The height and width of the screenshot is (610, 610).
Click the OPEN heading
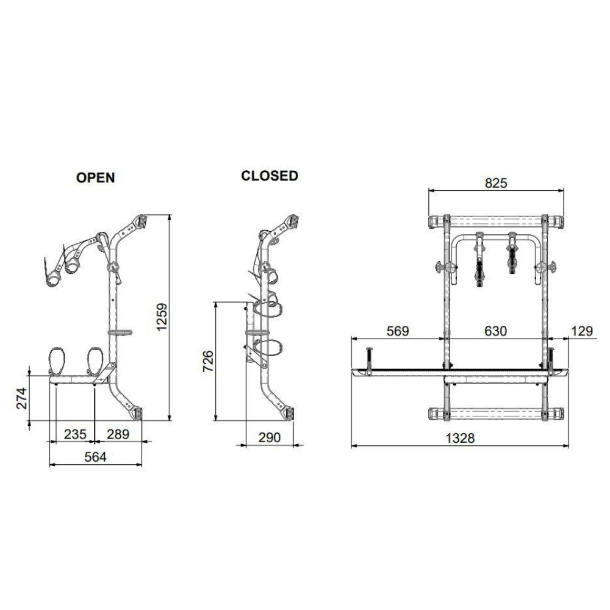tap(95, 178)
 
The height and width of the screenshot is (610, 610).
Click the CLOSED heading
tap(270, 176)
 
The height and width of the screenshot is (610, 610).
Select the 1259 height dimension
tap(160, 317)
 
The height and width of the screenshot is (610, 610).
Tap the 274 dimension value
tap(22, 398)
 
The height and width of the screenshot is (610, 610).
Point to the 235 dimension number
tap(75, 434)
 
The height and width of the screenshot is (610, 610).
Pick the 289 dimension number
tap(118, 434)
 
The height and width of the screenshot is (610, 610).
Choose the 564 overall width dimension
tap(95, 457)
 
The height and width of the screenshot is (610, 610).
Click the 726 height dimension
tap(208, 361)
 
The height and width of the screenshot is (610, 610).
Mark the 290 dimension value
tap(269, 437)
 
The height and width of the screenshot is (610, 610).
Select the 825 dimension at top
tap(496, 183)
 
